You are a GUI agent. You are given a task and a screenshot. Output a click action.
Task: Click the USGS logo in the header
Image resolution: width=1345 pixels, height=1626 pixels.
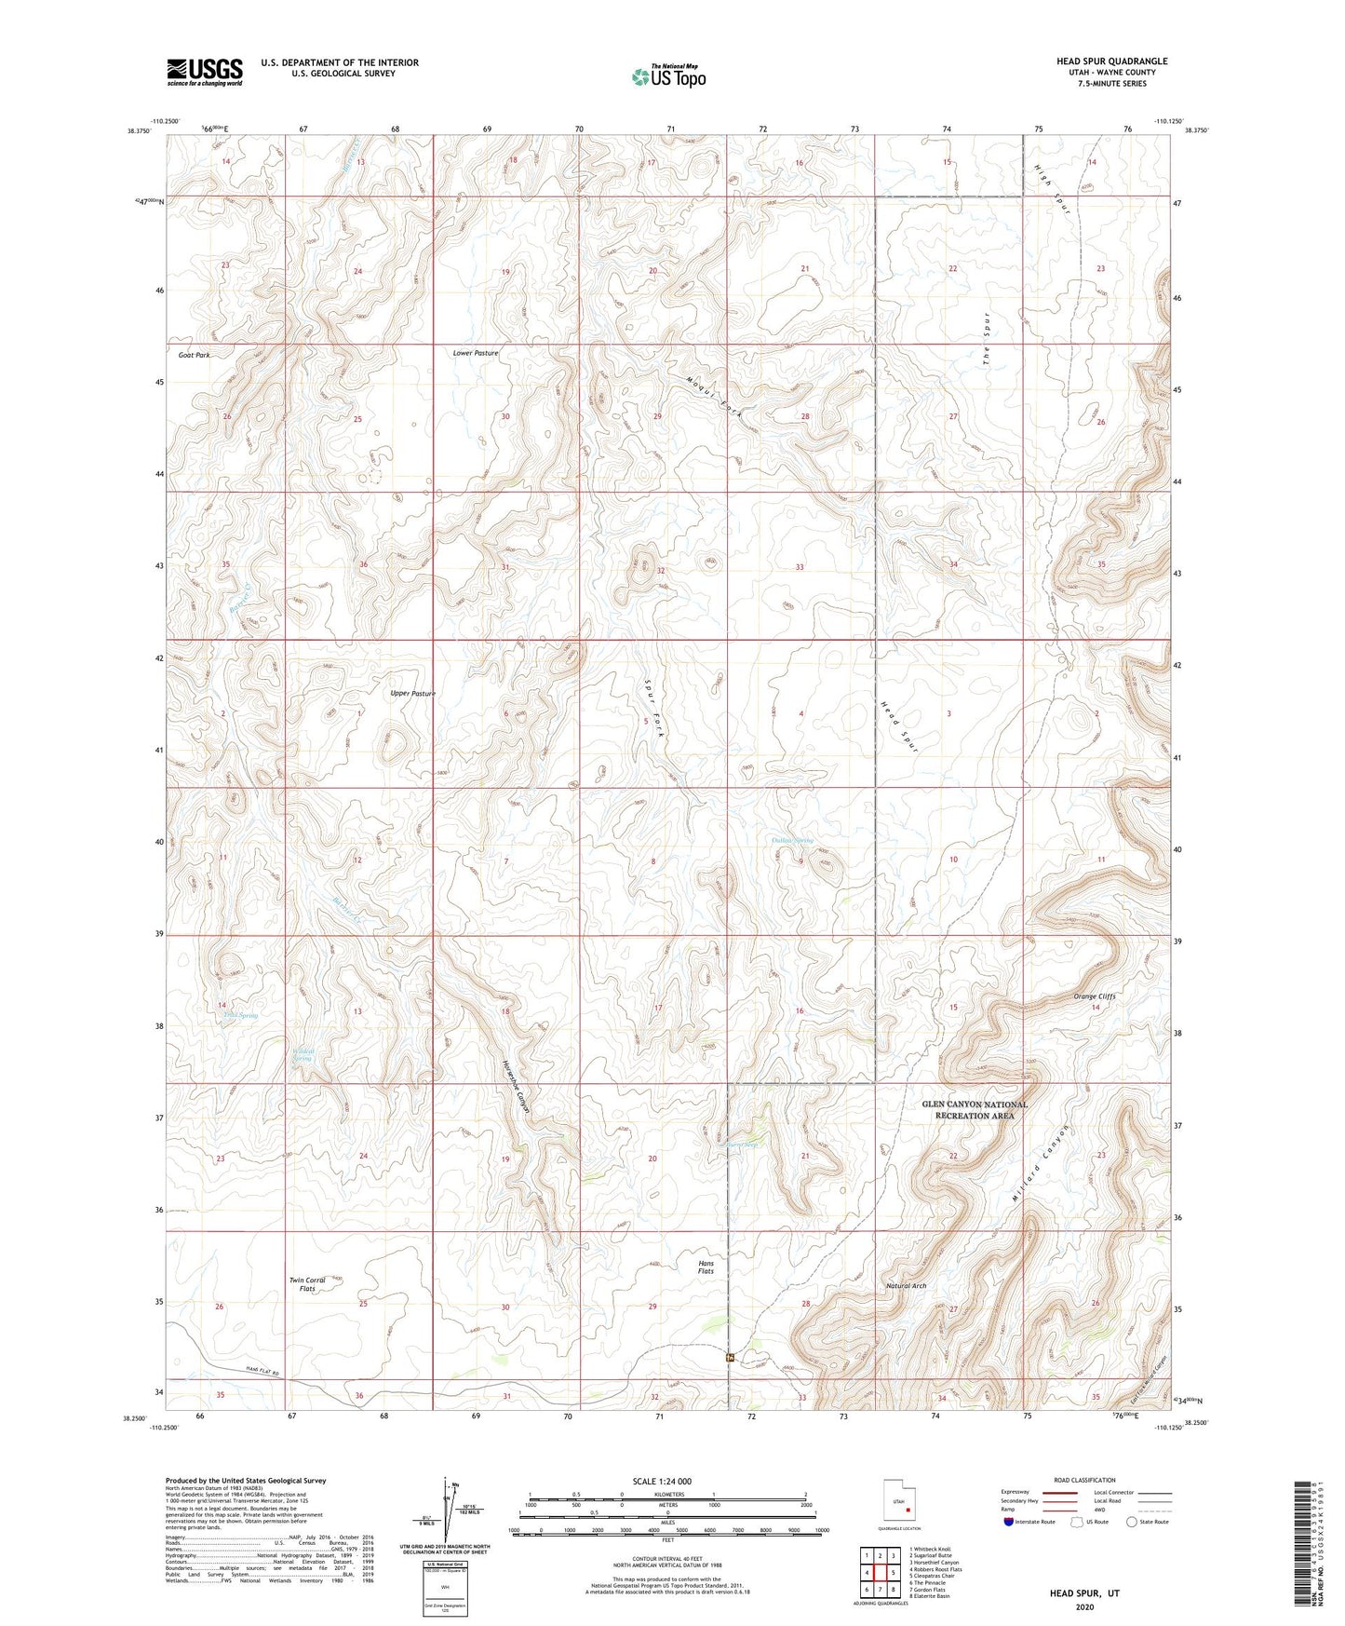pyautogui.click(x=204, y=72)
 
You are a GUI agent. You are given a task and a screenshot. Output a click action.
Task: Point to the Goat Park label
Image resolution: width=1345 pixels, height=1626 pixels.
pyautogui.click(x=195, y=356)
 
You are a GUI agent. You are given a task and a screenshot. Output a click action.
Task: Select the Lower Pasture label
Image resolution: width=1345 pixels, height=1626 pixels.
pyautogui.click(x=476, y=353)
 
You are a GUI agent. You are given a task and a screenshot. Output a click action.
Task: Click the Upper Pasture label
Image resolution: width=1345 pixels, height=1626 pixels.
pyautogui.click(x=412, y=693)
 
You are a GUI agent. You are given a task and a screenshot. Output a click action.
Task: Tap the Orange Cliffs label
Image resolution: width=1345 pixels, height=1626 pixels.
pyautogui.click(x=1094, y=996)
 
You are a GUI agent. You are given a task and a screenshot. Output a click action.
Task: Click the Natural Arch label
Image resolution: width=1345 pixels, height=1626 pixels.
pyautogui.click(x=906, y=1286)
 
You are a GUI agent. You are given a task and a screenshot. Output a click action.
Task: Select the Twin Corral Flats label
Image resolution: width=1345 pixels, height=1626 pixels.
pyautogui.click(x=307, y=1285)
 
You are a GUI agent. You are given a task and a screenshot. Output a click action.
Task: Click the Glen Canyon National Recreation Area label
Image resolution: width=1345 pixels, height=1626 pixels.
pyautogui.click(x=975, y=1109)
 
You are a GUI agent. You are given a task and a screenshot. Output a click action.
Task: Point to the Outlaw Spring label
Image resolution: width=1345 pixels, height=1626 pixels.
pyautogui.click(x=793, y=840)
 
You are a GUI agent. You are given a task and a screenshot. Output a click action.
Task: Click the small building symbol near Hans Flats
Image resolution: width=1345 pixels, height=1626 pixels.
pyautogui.click(x=729, y=1357)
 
